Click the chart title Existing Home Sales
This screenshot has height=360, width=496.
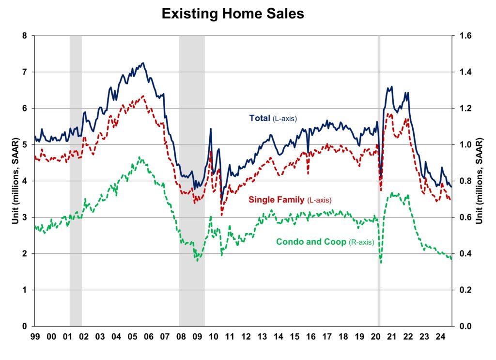click(x=232, y=14)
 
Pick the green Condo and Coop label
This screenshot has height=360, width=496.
click(x=325, y=241)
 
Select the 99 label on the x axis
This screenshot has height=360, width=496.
click(x=35, y=335)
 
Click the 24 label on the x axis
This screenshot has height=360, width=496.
click(x=440, y=335)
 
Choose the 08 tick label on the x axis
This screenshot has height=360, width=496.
click(x=181, y=335)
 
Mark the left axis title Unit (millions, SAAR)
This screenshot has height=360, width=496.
click(x=15, y=181)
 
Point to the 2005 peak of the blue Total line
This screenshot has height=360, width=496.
click(x=143, y=63)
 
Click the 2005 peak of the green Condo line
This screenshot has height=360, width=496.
click(x=139, y=157)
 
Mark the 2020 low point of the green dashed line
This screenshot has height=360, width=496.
click(x=381, y=263)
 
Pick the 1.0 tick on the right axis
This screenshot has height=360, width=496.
click(x=463, y=145)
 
